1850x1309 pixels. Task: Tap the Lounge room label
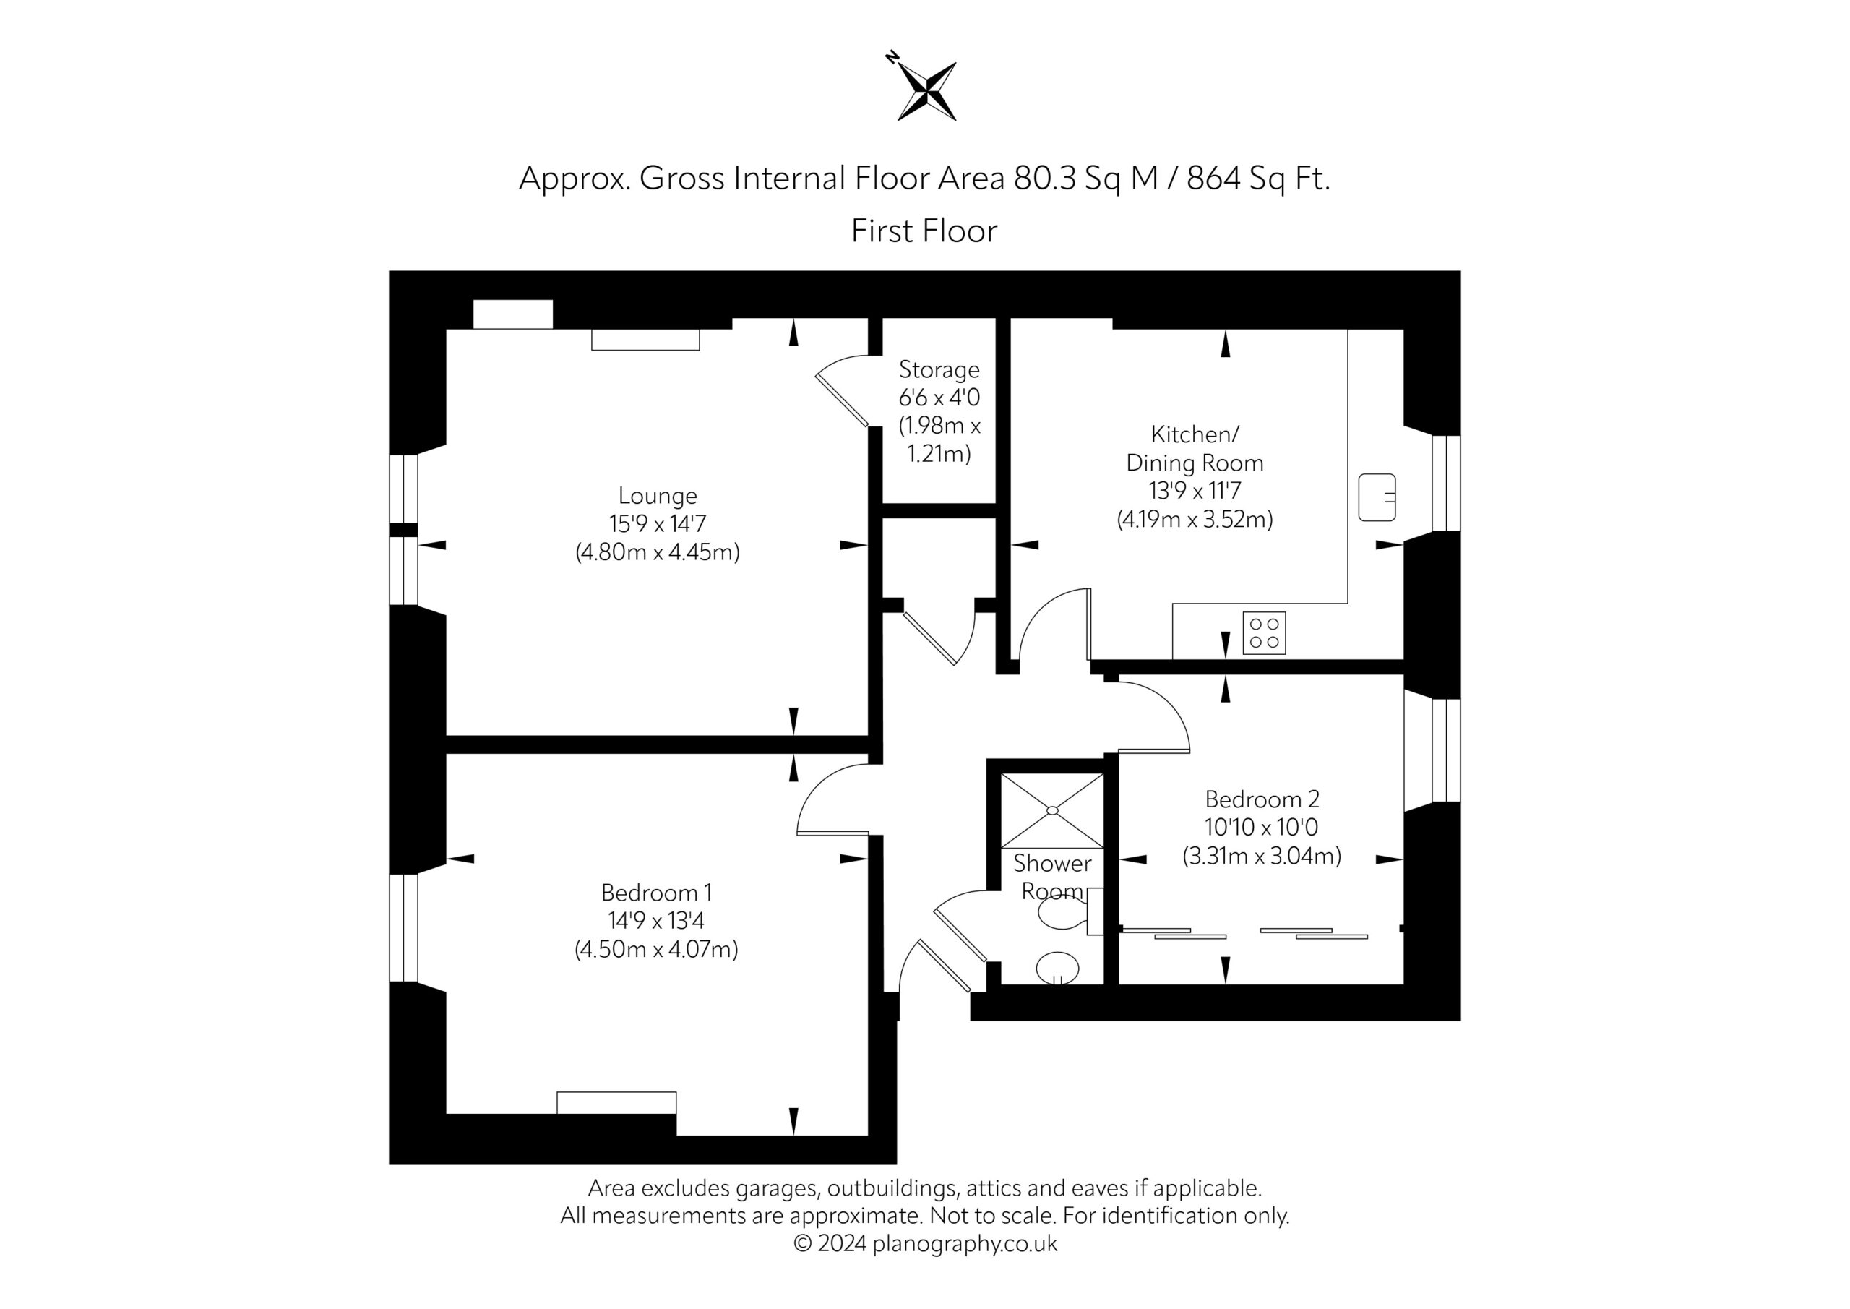(658, 496)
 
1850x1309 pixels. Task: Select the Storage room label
(939, 369)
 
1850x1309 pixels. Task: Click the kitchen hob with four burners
(1264, 632)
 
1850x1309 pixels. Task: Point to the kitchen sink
(1377, 497)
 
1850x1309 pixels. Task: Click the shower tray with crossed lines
(1051, 810)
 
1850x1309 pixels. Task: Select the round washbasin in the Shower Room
(1057, 968)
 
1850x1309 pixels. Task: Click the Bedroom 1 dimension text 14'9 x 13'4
(656, 920)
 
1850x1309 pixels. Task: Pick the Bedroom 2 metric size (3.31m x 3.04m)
(1262, 855)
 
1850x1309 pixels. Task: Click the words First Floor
(924, 231)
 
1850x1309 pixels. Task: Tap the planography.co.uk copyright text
(925, 1244)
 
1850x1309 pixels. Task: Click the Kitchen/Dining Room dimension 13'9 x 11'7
(1195, 490)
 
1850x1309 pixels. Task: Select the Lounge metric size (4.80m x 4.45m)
(658, 552)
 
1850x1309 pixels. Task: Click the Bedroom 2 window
(1445, 750)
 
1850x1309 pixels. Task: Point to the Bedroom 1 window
(404, 928)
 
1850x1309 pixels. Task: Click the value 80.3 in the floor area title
(1045, 178)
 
